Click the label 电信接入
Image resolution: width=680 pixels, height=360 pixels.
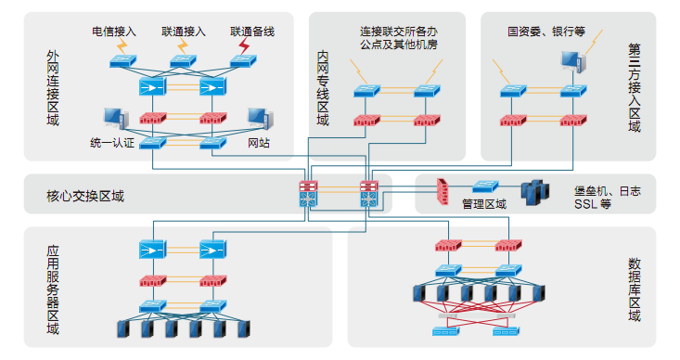click(x=114, y=32)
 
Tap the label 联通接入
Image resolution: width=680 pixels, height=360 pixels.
click(x=184, y=32)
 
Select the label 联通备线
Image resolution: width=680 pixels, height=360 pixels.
click(x=252, y=32)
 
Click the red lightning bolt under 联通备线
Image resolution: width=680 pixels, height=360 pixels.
click(x=245, y=46)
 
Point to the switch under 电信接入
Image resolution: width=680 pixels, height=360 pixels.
click(x=123, y=61)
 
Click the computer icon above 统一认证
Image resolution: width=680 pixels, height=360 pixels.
click(x=116, y=119)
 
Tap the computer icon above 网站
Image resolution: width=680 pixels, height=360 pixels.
click(x=260, y=119)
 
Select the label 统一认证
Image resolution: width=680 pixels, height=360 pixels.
click(x=112, y=143)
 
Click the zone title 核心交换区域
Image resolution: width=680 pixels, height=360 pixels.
click(x=85, y=196)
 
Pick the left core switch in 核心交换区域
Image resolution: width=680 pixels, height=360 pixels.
click(x=308, y=193)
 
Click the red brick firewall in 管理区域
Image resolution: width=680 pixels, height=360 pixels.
click(x=443, y=191)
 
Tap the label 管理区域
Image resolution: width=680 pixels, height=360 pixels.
click(x=484, y=204)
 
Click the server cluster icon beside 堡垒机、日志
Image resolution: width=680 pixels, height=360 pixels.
click(x=535, y=193)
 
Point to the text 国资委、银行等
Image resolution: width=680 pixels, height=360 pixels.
click(x=546, y=32)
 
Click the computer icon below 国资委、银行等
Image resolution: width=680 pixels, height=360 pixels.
click(x=573, y=61)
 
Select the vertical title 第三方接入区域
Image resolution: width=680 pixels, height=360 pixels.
click(x=634, y=87)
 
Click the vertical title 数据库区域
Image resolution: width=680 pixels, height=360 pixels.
click(x=634, y=289)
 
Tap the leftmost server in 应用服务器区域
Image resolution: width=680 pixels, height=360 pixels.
click(x=123, y=329)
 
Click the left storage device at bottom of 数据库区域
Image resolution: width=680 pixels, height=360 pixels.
click(x=446, y=332)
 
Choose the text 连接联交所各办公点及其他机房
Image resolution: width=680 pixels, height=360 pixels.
click(x=399, y=38)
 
